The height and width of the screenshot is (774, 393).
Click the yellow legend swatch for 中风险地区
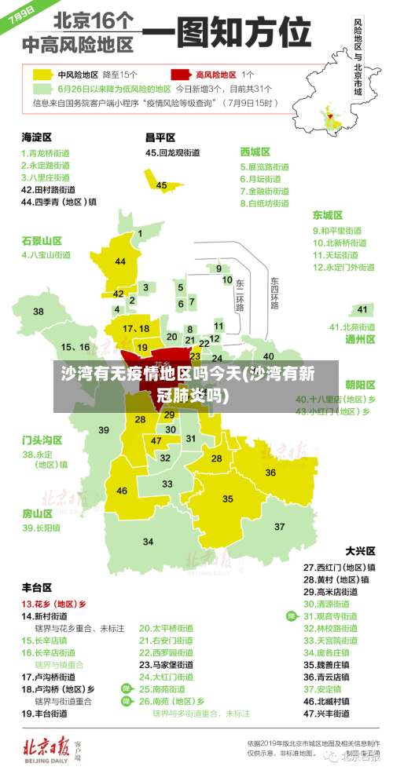coord(42,75)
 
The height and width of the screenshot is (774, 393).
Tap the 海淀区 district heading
coord(37,137)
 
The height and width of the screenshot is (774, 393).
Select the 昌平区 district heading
coord(161,137)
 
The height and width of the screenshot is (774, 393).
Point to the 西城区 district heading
coord(255,151)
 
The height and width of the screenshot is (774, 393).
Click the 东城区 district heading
coord(328,214)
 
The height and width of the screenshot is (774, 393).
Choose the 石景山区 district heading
coord(42,240)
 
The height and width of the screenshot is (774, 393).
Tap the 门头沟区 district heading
coord(42,440)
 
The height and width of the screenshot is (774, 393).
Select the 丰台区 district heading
coord(37,587)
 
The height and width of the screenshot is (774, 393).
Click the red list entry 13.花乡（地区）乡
coord(53,604)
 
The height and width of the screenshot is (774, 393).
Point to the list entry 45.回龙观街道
coord(173,153)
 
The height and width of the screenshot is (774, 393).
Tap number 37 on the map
coord(279,526)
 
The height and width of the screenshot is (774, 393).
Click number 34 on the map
coord(149,542)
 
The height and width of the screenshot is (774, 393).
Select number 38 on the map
coord(39,312)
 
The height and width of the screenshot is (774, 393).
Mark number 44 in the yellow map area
coord(120,261)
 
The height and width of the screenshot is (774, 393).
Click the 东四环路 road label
coord(275,292)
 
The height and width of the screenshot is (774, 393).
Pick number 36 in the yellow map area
coord(270,473)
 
